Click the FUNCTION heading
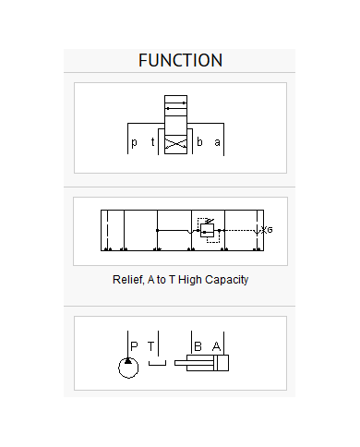pyautogui.click(x=180, y=60)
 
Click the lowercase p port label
pyautogui.click(x=134, y=142)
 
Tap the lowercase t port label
pyautogui.click(x=152, y=141)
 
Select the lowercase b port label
pyautogui.click(x=199, y=141)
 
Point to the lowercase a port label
pyautogui.click(x=218, y=142)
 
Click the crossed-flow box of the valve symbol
pyautogui.click(x=175, y=144)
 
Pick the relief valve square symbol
pyautogui.click(x=207, y=230)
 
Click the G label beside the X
pyautogui.click(x=270, y=230)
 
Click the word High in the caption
pyautogui.click(x=190, y=280)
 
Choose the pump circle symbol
pyautogui.click(x=128, y=368)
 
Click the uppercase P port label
pyautogui.click(x=134, y=346)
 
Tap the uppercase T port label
pyautogui.click(x=150, y=346)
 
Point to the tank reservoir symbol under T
pyautogui.click(x=157, y=365)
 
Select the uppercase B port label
pyautogui.click(x=198, y=346)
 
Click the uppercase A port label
pyautogui.click(x=216, y=346)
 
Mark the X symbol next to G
pyautogui.click(x=264, y=230)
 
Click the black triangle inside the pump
pyautogui.click(x=128, y=360)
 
